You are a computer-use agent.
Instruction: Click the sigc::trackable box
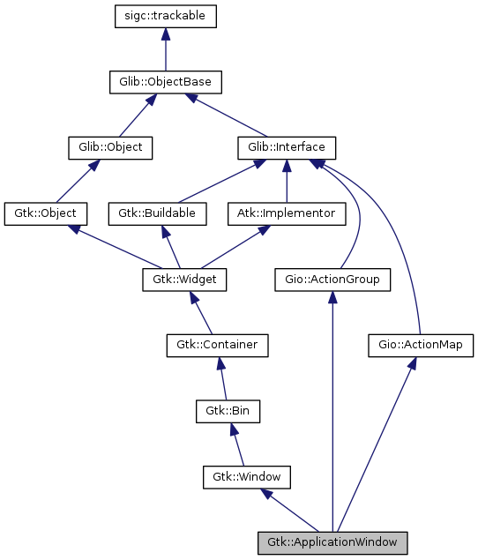click(166, 16)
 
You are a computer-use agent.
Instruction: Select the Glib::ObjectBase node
click(166, 82)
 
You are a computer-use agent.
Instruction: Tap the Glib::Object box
click(110, 147)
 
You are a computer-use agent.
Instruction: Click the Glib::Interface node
click(287, 147)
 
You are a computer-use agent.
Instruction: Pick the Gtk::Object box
click(46, 213)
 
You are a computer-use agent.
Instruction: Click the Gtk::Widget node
click(185, 280)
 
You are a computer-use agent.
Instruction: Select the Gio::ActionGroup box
click(332, 280)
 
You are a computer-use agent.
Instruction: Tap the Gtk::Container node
click(217, 345)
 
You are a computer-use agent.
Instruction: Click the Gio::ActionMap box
click(421, 345)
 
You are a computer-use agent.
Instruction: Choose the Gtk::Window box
click(247, 477)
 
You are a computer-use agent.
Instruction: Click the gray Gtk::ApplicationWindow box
click(332, 542)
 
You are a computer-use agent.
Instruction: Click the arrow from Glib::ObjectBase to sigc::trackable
click(166, 49)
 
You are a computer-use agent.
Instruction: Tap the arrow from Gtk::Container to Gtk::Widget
click(201, 312)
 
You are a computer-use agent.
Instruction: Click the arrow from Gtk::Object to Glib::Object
click(78, 181)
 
